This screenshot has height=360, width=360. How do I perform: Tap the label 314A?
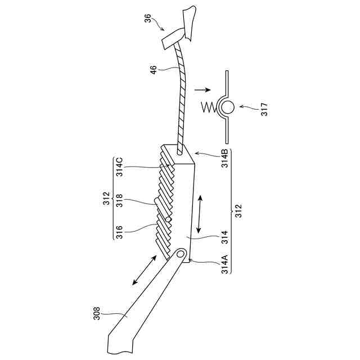point(224,264)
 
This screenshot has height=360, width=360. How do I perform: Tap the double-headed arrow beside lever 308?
point(144,270)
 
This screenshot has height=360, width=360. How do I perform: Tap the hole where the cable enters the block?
point(179,151)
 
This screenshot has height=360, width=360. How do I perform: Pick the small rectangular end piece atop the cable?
point(171,39)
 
